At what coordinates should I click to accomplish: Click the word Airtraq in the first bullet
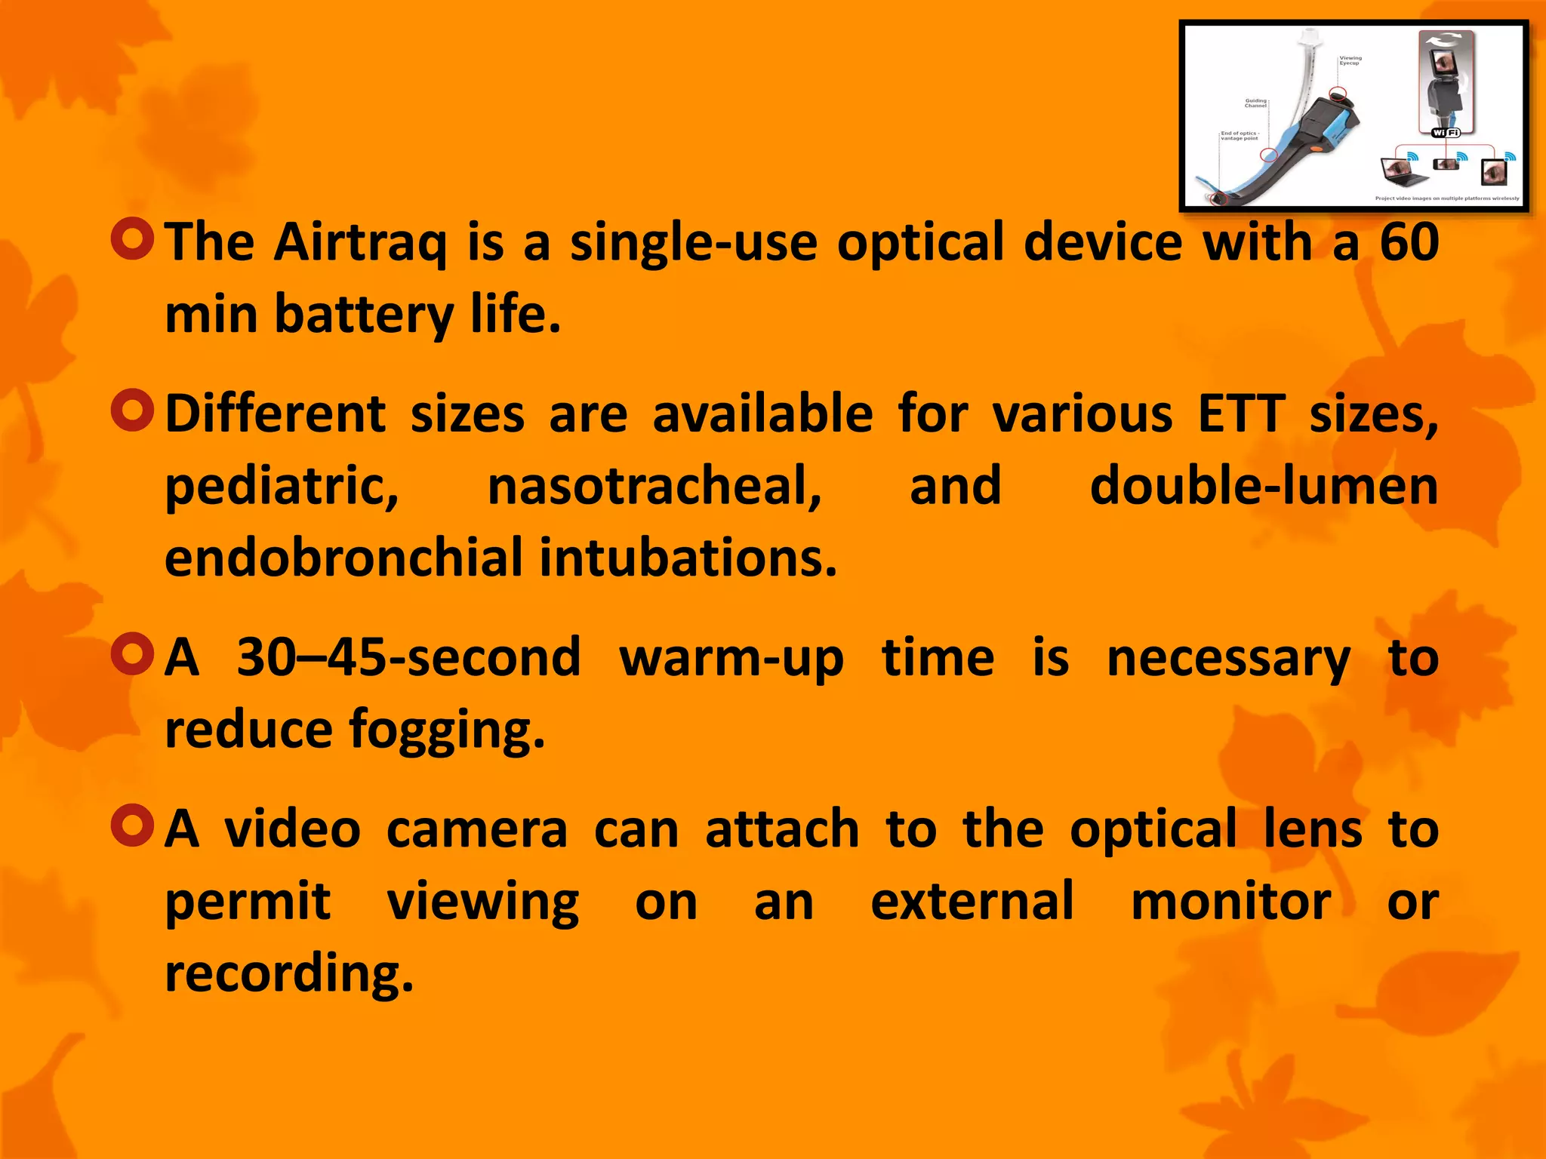pos(360,243)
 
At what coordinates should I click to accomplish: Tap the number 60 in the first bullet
pos(1409,243)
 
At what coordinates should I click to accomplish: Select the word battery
pos(363,315)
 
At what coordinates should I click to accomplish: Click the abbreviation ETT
pos(1241,414)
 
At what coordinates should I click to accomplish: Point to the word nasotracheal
pos(654,486)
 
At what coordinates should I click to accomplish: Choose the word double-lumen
pos(1264,486)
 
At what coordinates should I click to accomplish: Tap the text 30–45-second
pos(408,658)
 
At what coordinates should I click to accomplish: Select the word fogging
pos(446,730)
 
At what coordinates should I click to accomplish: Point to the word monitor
pos(1230,901)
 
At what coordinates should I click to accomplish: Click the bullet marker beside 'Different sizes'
pos(132,410)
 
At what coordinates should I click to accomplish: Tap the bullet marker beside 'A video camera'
pos(132,825)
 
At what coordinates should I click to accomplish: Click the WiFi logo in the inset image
pos(1446,133)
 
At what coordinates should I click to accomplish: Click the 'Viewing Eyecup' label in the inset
pos(1350,60)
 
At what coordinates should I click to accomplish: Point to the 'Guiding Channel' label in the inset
pos(1256,103)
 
